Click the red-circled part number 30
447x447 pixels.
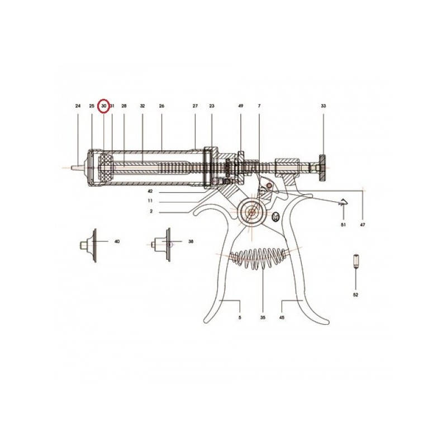[104, 106]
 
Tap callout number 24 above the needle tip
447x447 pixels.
[78, 106]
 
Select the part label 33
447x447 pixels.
[324, 106]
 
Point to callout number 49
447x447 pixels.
[241, 106]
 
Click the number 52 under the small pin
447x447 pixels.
[355, 295]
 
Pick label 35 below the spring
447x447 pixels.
[263, 317]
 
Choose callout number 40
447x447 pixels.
[117, 241]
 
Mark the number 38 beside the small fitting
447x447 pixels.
[191, 241]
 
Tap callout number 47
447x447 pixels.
[362, 225]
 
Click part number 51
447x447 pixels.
[343, 225]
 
